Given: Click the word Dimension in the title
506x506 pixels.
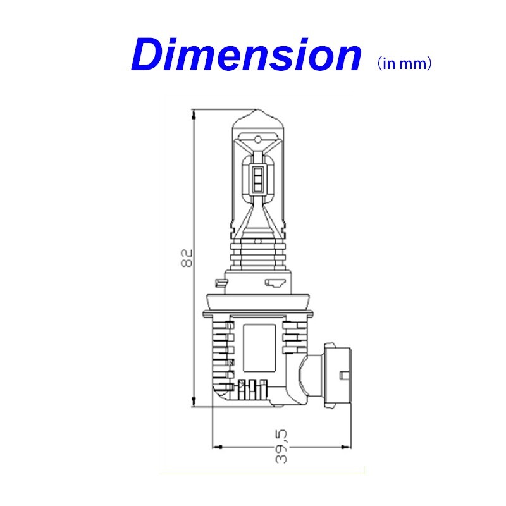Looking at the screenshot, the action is pyautogui.click(x=246, y=54).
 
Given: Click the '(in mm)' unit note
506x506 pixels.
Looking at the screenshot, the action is pyautogui.click(x=404, y=63).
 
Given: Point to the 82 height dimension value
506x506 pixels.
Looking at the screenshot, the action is pyautogui.click(x=187, y=257).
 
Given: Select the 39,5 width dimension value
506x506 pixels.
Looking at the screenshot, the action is pyautogui.click(x=281, y=447).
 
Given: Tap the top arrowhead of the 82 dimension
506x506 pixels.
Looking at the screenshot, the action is pyautogui.click(x=194, y=114).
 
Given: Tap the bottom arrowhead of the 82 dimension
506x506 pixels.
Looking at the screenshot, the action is pyautogui.click(x=194, y=402).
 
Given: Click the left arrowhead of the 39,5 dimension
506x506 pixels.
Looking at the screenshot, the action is pyautogui.click(x=218, y=447).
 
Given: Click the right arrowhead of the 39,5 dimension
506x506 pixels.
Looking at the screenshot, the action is pyautogui.click(x=346, y=447).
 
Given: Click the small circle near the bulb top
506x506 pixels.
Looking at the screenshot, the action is pyautogui.click(x=258, y=140).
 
